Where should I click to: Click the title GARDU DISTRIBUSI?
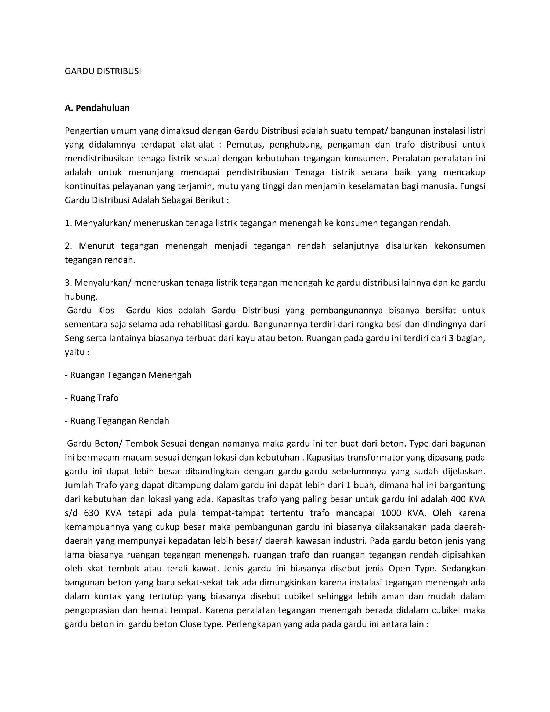point(103,71)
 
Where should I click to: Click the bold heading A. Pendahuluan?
point(97,108)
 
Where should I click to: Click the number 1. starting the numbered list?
point(68,223)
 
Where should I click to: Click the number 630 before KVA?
point(91,513)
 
